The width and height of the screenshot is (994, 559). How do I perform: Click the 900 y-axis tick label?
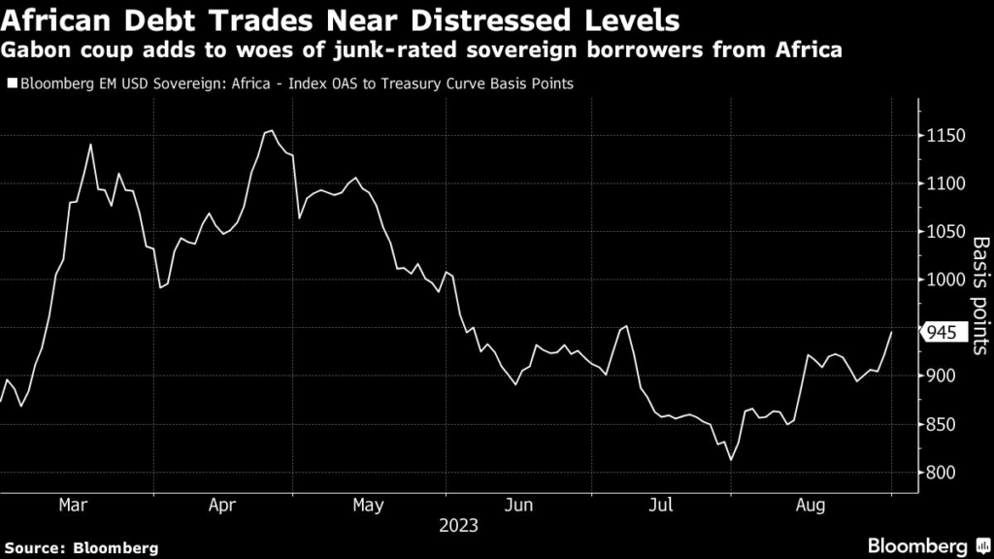point(940,377)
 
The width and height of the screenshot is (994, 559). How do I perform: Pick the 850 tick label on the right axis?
point(940,425)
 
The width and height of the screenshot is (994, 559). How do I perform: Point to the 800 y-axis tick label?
point(940,473)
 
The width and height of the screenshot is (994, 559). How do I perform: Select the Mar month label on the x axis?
point(74,505)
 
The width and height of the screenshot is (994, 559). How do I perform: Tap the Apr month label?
point(222,505)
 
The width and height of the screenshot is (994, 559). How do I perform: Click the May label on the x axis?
point(369,505)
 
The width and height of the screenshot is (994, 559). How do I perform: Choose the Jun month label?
point(518,505)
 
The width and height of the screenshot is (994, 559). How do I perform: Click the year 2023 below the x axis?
point(458,527)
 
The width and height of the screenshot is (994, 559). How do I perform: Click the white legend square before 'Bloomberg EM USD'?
point(11,84)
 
